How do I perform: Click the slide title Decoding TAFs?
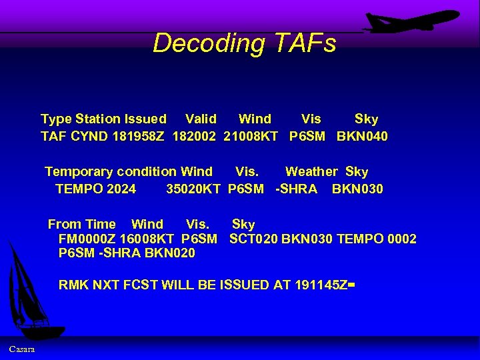click(244, 43)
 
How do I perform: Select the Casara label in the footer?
click(22, 349)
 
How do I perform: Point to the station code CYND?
click(83, 137)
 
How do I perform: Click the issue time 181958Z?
click(135, 137)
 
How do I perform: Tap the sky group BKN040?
click(362, 137)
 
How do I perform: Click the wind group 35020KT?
click(193, 189)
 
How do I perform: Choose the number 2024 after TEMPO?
click(121, 189)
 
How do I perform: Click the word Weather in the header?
click(311, 172)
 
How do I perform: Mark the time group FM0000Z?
click(87, 239)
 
